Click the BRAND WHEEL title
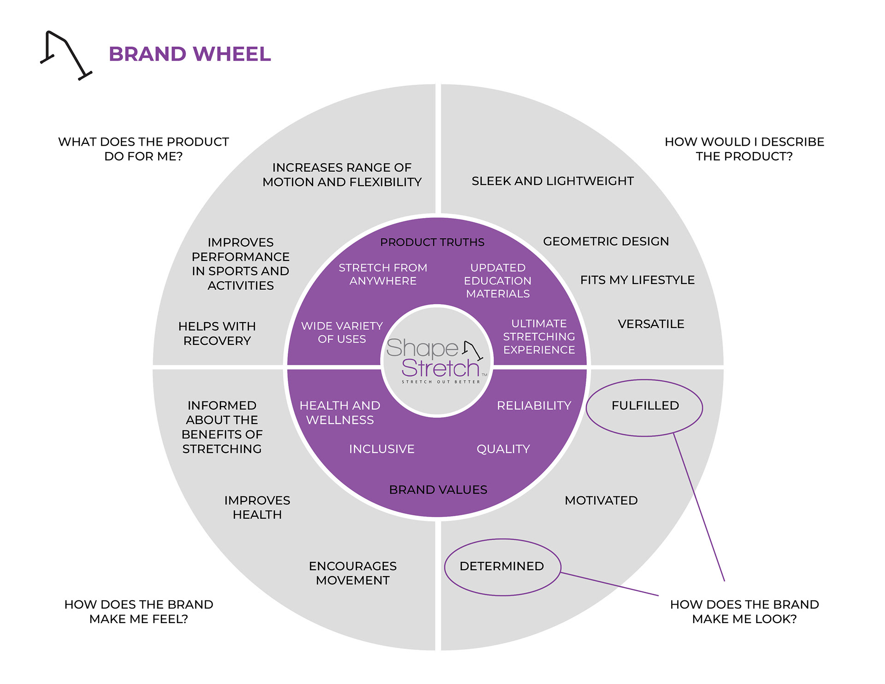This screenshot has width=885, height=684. tap(189, 54)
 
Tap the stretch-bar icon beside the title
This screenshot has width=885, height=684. tap(66, 55)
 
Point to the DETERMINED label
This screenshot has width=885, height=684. tap(501, 566)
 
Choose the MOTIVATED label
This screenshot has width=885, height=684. tap(601, 501)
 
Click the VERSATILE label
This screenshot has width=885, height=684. tap(651, 324)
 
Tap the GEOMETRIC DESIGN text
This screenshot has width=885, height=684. tap(606, 242)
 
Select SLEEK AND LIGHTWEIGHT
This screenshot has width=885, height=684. tap(553, 181)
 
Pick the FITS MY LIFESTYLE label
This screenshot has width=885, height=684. tap(637, 280)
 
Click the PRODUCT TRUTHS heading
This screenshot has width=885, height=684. tap(432, 242)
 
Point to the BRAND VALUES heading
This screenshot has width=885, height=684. tap(438, 490)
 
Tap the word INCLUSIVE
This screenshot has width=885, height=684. tap(382, 449)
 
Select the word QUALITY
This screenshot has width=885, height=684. tap(503, 449)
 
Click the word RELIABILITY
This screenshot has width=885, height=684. tap(534, 406)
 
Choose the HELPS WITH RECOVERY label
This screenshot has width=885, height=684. tap(217, 333)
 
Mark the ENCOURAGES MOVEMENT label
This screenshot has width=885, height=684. tap(353, 573)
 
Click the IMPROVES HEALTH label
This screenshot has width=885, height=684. tap(257, 507)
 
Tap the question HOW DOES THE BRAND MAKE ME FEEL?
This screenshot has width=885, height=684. tap(139, 612)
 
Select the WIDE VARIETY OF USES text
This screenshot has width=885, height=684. tap(342, 332)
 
